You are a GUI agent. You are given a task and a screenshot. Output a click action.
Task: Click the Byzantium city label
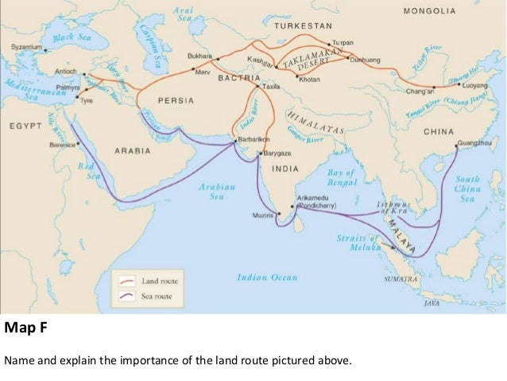pyautogui.click(x=26, y=48)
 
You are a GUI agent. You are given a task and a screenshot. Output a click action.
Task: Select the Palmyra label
pyautogui.click(x=68, y=87)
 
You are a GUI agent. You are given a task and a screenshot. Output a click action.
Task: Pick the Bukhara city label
pyautogui.click(x=198, y=56)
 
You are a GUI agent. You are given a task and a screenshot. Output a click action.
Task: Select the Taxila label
pyautogui.click(x=273, y=85)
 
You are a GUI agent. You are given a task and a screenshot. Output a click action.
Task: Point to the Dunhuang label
pyautogui.click(x=365, y=59)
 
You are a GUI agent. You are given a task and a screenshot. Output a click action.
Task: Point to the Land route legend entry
pyautogui.click(x=157, y=279)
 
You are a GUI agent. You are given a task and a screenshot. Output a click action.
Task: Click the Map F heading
pyautogui.click(x=22, y=326)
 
